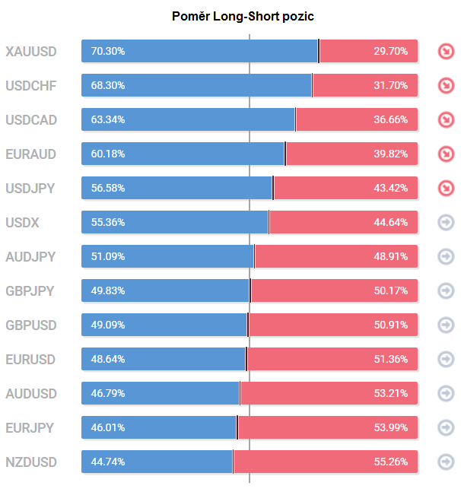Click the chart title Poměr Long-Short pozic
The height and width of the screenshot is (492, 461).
[242, 16]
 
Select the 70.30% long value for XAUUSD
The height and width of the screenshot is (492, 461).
[107, 52]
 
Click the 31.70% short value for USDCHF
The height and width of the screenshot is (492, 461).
[390, 86]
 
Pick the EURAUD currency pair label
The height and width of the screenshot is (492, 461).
[30, 154]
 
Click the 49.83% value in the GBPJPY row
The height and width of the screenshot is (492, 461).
[107, 291]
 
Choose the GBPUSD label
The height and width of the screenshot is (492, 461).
[30, 325]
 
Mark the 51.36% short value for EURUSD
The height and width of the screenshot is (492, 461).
[390, 360]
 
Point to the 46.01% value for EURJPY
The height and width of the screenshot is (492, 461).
[107, 428]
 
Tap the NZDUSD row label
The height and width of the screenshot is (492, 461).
[30, 462]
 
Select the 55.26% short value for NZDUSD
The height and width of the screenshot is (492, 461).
[390, 462]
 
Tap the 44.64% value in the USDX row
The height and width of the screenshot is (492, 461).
[390, 223]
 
